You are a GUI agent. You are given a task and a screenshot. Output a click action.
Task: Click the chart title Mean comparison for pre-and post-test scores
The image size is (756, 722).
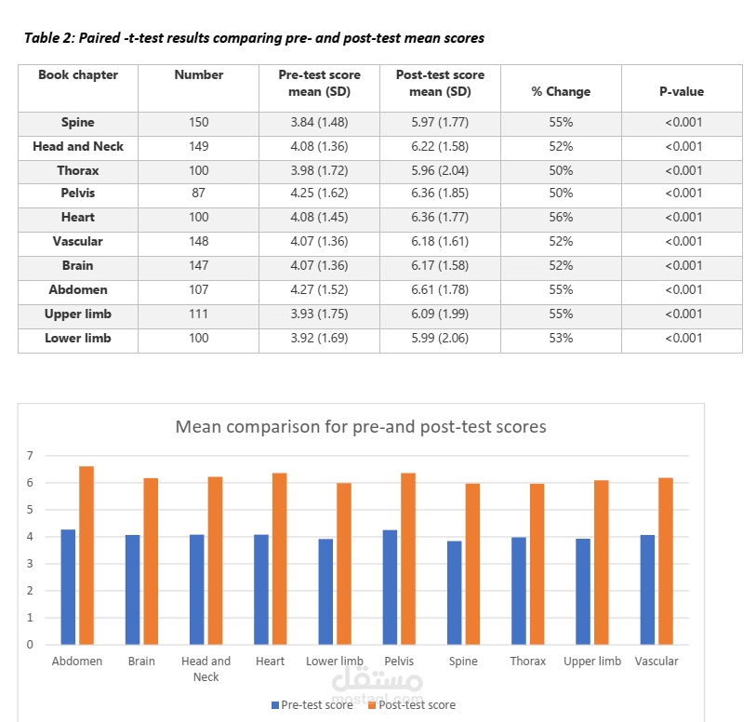(361, 427)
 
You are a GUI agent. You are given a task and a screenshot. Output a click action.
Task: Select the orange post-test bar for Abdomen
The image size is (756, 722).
(86, 555)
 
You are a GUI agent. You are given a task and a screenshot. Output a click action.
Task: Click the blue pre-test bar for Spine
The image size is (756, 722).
(455, 592)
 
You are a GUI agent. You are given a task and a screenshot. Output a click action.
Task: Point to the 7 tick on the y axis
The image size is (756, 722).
(30, 456)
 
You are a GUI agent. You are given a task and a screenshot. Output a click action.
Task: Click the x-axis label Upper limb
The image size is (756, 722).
(592, 662)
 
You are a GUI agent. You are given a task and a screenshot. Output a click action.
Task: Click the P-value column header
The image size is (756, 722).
(682, 91)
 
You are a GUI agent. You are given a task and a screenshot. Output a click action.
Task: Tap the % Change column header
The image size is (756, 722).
(561, 91)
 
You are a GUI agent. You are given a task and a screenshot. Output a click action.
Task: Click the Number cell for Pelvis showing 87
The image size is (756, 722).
(198, 194)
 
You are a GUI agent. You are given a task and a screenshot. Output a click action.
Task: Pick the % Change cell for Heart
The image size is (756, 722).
(561, 218)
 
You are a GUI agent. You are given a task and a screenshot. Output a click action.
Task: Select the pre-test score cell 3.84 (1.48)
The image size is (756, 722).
(319, 123)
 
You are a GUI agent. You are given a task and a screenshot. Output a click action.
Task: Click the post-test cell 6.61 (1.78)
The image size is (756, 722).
(440, 290)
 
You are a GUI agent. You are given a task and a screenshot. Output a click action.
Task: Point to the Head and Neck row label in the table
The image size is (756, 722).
(78, 147)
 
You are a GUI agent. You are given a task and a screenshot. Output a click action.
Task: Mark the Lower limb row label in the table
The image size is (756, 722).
(78, 339)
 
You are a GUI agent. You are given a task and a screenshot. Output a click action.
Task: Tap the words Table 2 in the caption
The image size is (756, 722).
(48, 39)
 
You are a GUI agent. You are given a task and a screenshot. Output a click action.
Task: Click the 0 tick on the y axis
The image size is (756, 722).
(30, 644)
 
